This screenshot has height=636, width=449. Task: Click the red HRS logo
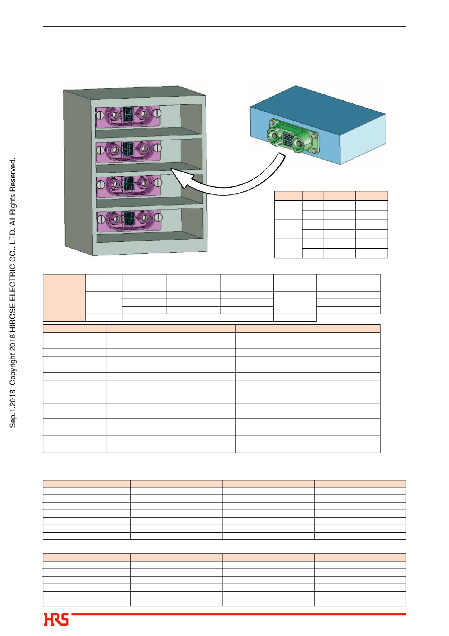tap(56, 619)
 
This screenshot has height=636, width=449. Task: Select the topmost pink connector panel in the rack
tap(128, 116)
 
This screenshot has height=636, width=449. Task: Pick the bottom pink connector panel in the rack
tap(129, 221)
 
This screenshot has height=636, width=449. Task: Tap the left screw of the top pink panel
tap(100, 115)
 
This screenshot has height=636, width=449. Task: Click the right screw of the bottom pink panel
tap(159, 218)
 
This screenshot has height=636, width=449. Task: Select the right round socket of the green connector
tap(300, 143)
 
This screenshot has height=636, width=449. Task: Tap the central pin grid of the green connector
tap(287, 139)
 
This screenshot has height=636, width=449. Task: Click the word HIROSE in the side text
tap(13, 317)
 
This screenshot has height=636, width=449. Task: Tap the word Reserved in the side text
tap(13, 173)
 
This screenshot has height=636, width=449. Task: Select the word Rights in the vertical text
tap(13, 201)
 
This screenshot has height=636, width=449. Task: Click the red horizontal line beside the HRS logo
tap(239, 614)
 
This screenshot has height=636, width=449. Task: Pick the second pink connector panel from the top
tap(128, 152)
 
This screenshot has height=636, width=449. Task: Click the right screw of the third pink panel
tap(159, 183)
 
